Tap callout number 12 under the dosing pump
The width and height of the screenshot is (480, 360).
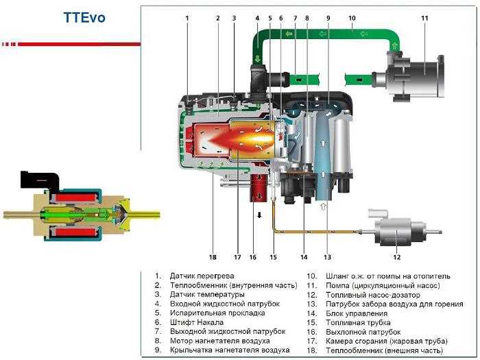click(396, 258)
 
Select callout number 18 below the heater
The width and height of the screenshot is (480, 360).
click(213, 258)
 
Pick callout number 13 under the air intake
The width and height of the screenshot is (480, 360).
click(327, 258)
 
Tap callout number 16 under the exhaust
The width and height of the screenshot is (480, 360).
click(252, 258)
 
